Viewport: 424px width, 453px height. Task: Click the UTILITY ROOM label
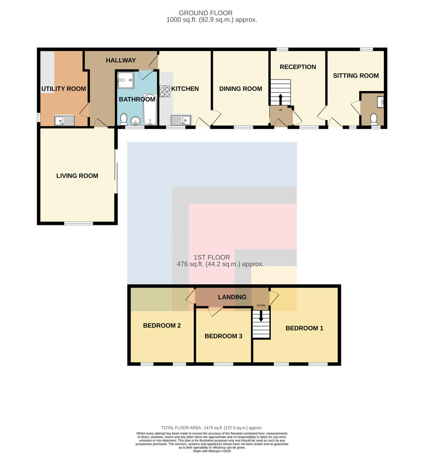coord(63,89)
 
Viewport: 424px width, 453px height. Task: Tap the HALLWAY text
coord(121,60)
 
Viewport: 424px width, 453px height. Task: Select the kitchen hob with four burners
coord(165,91)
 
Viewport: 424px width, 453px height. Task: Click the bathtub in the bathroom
coord(150,109)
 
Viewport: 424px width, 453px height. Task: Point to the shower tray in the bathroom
coord(125,80)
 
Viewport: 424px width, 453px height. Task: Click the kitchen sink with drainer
coord(181,120)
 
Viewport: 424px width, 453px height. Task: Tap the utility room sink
coord(64,121)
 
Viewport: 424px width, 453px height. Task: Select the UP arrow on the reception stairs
coord(280,99)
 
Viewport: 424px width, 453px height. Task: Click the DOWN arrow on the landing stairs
coord(261,317)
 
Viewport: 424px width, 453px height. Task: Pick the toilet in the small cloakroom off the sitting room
coord(373,119)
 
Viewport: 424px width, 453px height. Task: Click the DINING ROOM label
coord(241,89)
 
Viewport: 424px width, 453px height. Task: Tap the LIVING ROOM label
coord(77,176)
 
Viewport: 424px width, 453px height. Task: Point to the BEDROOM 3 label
coord(223,336)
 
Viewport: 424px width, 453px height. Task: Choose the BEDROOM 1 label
coord(304,328)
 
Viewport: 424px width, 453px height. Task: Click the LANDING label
coord(232,297)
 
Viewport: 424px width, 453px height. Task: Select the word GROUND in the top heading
coord(191,13)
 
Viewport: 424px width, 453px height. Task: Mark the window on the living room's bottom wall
coord(79,223)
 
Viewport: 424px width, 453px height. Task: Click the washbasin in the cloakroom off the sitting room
coord(381,102)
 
